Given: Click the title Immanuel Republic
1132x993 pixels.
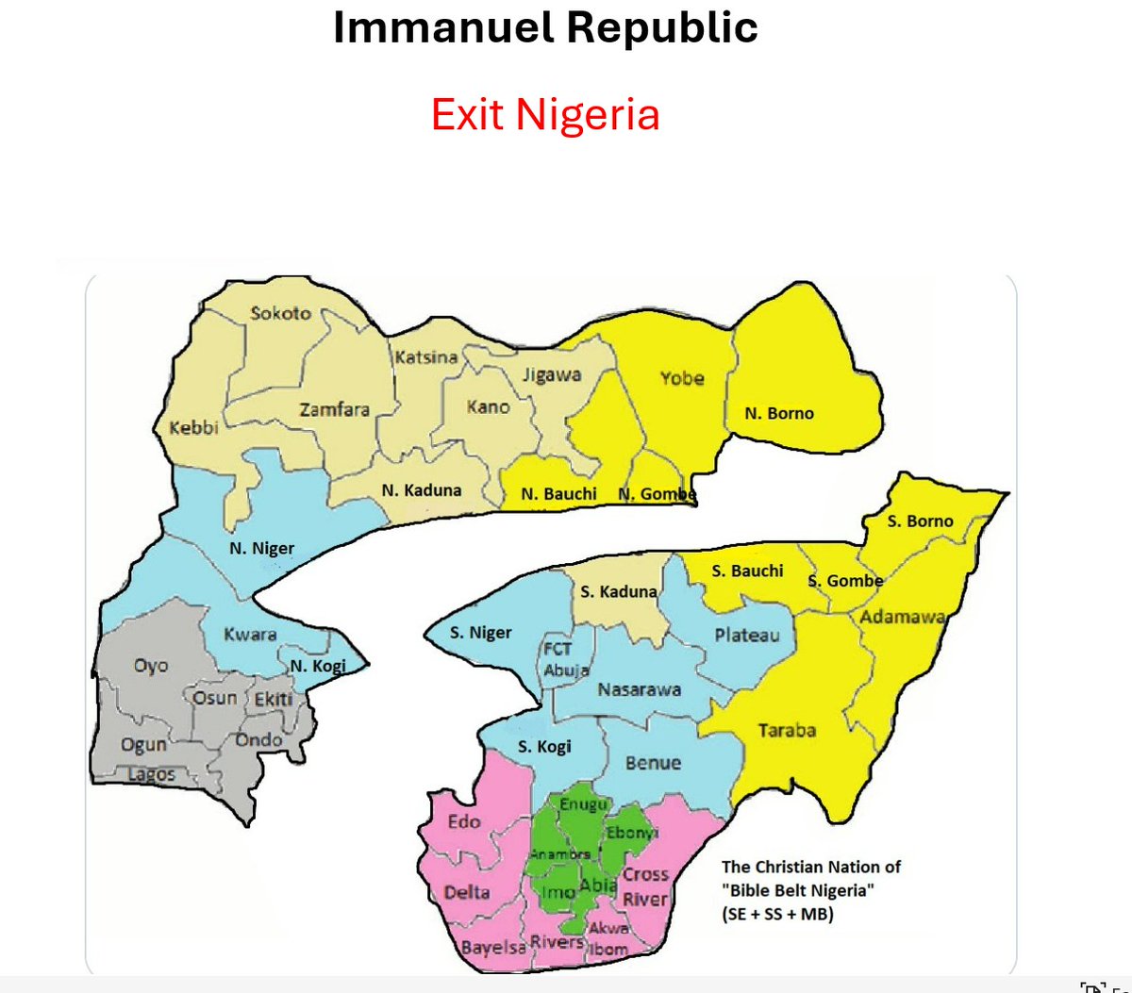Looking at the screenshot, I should (545, 28).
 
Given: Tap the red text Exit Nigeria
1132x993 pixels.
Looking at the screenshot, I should (545, 115).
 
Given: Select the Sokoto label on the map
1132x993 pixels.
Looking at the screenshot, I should (280, 313).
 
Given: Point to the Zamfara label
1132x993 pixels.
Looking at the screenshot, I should (334, 409).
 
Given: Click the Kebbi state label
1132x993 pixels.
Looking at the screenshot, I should (193, 428).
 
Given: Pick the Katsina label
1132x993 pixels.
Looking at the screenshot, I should (425, 357).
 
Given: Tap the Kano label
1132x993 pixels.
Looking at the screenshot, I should (488, 407).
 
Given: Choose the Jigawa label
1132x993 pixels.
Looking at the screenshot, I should (552, 374).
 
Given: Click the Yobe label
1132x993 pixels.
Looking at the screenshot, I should (681, 378).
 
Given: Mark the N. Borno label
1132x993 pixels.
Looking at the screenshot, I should (778, 413).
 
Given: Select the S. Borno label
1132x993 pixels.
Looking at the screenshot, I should (921, 521).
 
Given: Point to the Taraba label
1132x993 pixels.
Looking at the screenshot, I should (787, 731).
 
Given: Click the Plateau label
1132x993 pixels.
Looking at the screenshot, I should (747, 635).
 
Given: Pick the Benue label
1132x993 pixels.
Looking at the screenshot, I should (652, 762).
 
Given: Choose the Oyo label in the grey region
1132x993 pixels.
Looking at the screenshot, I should (151, 666).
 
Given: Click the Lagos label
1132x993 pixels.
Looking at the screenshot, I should (151, 774).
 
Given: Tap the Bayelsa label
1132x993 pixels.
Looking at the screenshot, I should (493, 947).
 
